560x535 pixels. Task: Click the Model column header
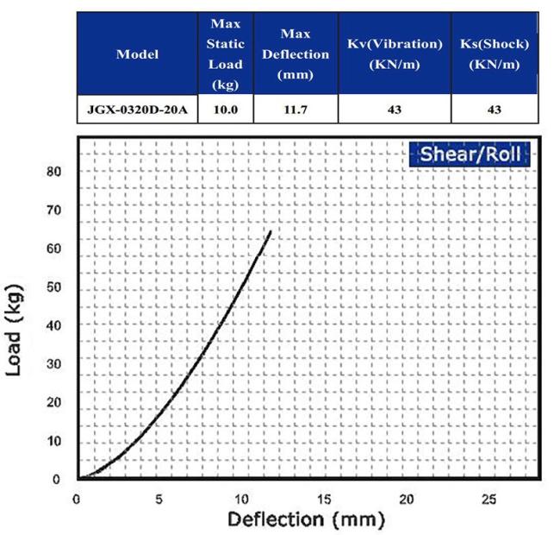click(137, 53)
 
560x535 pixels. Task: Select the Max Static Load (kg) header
click(225, 53)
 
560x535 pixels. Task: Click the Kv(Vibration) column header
click(394, 53)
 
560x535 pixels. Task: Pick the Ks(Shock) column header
click(494, 53)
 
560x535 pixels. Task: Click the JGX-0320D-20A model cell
click(137, 110)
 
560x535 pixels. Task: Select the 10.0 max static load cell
click(225, 110)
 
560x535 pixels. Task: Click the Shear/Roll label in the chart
click(470, 155)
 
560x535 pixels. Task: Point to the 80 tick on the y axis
click(55, 171)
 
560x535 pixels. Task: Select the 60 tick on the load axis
click(55, 249)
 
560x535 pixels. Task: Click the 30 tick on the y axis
click(55, 363)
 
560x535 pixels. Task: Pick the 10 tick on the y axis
click(55, 441)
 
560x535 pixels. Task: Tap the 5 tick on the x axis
click(159, 498)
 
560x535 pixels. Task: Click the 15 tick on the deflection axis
click(324, 498)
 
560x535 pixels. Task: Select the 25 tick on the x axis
click(488, 498)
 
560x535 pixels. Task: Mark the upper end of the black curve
click(271, 231)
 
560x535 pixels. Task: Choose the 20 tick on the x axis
click(407, 498)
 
